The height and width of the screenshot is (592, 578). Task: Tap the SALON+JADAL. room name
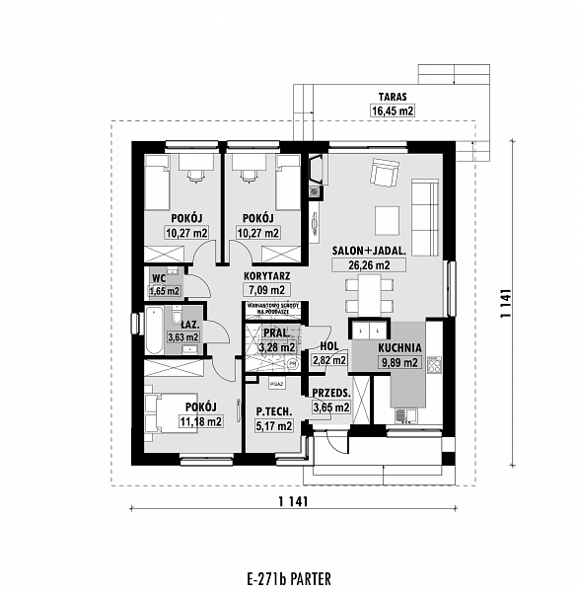point(369,251)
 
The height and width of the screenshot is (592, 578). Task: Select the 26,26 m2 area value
point(369,265)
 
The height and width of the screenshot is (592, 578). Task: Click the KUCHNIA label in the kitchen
point(399,347)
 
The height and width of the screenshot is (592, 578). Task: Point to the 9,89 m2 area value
point(399,362)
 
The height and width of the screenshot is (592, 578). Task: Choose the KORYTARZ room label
point(265,277)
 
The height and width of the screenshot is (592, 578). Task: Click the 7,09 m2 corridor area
point(265,290)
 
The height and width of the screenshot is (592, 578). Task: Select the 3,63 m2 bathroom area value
point(183,337)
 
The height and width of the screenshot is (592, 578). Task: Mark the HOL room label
point(329,346)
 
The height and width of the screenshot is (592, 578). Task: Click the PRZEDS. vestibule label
point(332,392)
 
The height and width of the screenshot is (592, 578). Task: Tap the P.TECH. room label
point(272,412)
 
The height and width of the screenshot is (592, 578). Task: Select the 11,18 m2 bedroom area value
point(200,421)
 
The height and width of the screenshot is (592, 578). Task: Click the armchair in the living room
point(382,176)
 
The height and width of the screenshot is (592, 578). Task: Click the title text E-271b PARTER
point(288,576)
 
